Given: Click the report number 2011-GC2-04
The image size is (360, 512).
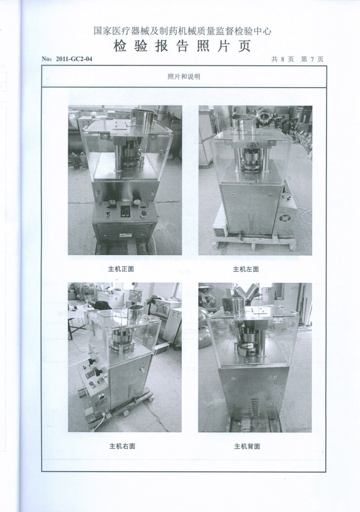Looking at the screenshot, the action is (x=74, y=59).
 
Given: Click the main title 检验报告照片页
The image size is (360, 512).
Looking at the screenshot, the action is (x=182, y=46).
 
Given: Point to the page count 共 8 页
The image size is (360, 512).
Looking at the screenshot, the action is (x=282, y=59).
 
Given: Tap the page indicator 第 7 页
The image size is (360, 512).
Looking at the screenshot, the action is (x=312, y=59).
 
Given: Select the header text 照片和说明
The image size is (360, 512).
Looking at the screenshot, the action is (x=184, y=77).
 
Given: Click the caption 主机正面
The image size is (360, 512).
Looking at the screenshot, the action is (x=121, y=269).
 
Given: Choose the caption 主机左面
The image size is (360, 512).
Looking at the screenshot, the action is (x=246, y=269).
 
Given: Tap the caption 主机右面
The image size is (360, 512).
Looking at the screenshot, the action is (x=122, y=446).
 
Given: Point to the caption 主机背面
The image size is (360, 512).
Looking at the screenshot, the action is (x=247, y=446).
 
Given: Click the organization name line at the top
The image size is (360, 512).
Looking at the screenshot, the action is (x=182, y=31).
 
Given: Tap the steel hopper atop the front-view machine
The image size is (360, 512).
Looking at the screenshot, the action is (x=142, y=118).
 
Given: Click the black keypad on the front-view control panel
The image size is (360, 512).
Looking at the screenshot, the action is (x=125, y=211).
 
